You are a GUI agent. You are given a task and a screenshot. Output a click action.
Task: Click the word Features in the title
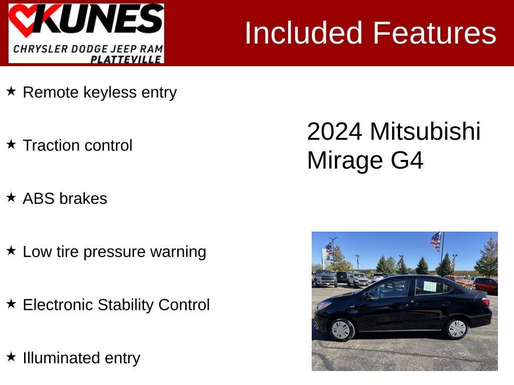point(434,33)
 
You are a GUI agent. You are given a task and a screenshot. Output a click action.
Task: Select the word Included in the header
point(303,33)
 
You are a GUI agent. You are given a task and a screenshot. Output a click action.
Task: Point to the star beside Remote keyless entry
point(11,91)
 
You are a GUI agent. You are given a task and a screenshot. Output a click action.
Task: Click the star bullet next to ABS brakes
point(11,198)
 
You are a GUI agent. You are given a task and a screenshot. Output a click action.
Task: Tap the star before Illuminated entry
point(11,357)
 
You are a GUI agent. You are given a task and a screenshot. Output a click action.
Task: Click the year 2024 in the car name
point(334,131)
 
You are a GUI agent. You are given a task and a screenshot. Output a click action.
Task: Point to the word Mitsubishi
point(425,131)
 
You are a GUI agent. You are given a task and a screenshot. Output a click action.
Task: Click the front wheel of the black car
point(341,329)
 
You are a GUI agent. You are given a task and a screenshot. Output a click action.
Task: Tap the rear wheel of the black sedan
point(456,328)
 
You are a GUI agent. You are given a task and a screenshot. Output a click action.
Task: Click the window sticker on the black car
point(430,286)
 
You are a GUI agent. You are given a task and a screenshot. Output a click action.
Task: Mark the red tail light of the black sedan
point(485,302)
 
